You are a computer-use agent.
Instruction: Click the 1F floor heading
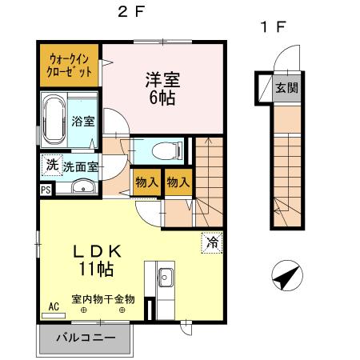(272, 26)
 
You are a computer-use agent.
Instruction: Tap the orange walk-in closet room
(70, 64)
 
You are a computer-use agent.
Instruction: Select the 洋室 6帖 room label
(161, 88)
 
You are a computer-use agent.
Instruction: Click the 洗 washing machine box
(50, 166)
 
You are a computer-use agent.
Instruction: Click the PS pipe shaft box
(45, 190)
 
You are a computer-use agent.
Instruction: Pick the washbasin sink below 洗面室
(81, 188)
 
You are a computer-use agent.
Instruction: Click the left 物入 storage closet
(146, 182)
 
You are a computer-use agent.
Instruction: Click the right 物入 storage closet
(178, 182)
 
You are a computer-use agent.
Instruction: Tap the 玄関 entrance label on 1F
(286, 87)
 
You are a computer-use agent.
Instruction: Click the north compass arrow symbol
(287, 278)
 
